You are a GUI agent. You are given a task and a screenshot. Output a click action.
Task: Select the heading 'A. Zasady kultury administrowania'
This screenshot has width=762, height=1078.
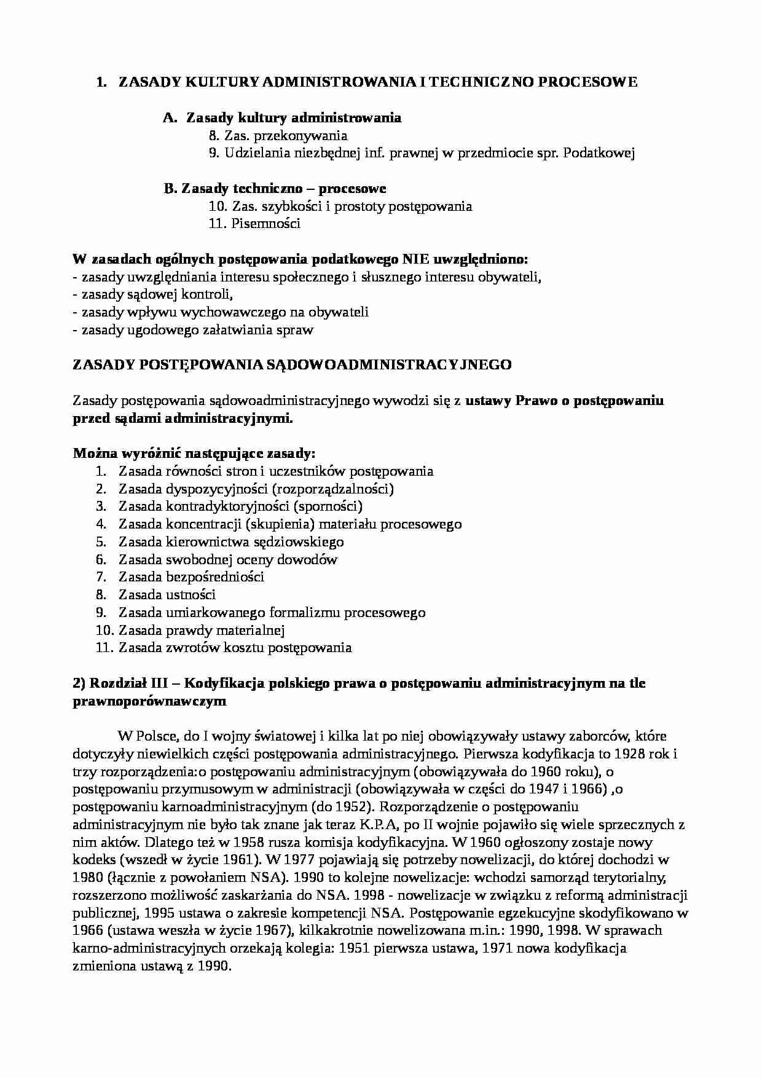point(283,117)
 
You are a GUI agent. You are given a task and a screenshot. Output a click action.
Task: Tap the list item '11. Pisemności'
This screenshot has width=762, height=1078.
point(254,224)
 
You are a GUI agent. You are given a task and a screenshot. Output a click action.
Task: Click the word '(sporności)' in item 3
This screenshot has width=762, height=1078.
point(328,506)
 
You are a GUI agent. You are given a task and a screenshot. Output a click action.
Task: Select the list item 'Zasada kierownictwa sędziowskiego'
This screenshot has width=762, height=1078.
point(231,542)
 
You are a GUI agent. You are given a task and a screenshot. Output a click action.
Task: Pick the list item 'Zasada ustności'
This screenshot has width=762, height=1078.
point(167,595)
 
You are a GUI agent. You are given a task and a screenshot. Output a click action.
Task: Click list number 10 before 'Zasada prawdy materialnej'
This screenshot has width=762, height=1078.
point(104,631)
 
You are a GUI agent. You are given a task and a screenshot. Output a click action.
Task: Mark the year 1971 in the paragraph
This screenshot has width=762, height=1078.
point(498,948)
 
